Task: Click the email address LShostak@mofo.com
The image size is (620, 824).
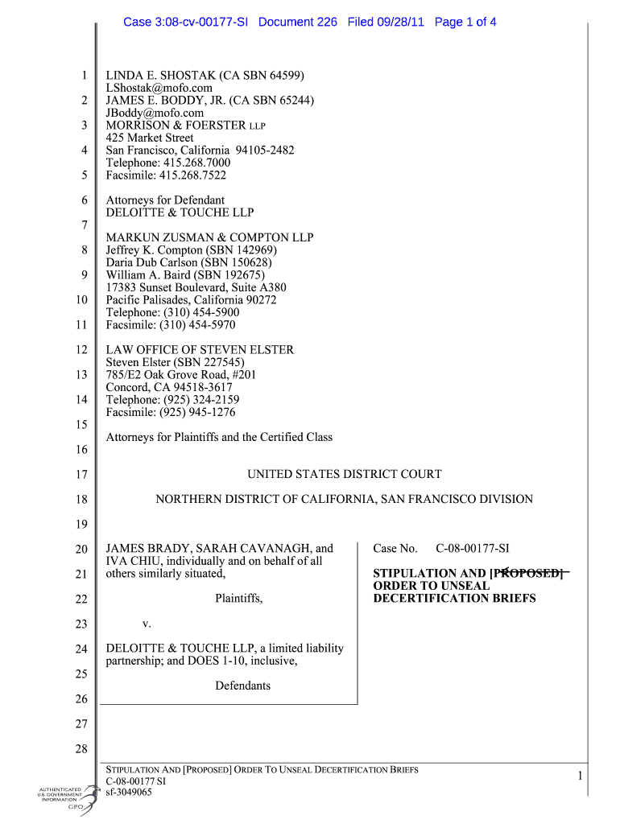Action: click(x=159, y=88)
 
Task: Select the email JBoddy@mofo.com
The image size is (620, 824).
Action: click(x=155, y=113)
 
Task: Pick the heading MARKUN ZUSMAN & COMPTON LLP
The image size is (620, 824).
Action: click(x=209, y=237)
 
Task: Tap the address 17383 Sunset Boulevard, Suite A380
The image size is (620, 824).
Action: click(x=196, y=287)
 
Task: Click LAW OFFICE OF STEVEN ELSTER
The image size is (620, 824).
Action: click(x=200, y=350)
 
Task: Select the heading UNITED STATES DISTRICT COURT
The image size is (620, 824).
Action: click(x=344, y=475)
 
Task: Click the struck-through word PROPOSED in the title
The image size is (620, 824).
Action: click(x=527, y=574)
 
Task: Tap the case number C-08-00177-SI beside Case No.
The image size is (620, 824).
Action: click(x=473, y=549)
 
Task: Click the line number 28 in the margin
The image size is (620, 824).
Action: click(x=81, y=750)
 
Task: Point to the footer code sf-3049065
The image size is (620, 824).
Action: click(x=129, y=792)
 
